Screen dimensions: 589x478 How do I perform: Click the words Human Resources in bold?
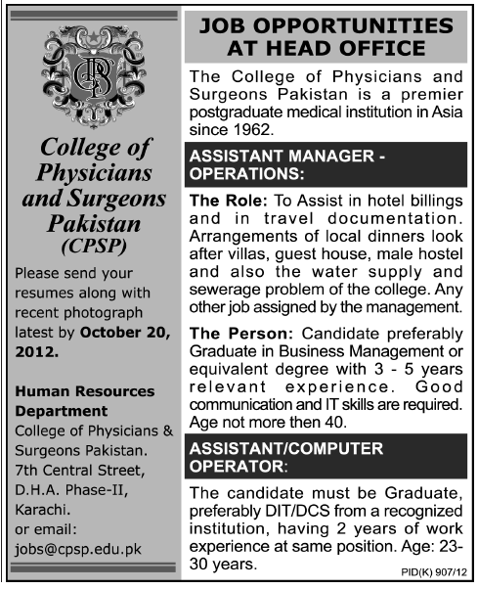(86, 390)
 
